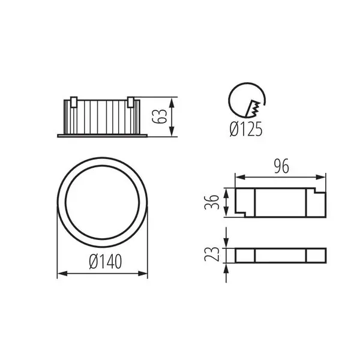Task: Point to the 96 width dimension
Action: coord(280,167)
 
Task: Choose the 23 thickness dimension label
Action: coord(211,254)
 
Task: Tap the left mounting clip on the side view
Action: coord(73,102)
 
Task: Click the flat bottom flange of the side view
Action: coord(102,136)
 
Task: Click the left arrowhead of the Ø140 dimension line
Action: coord(60,274)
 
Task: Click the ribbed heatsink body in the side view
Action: coord(102,115)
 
